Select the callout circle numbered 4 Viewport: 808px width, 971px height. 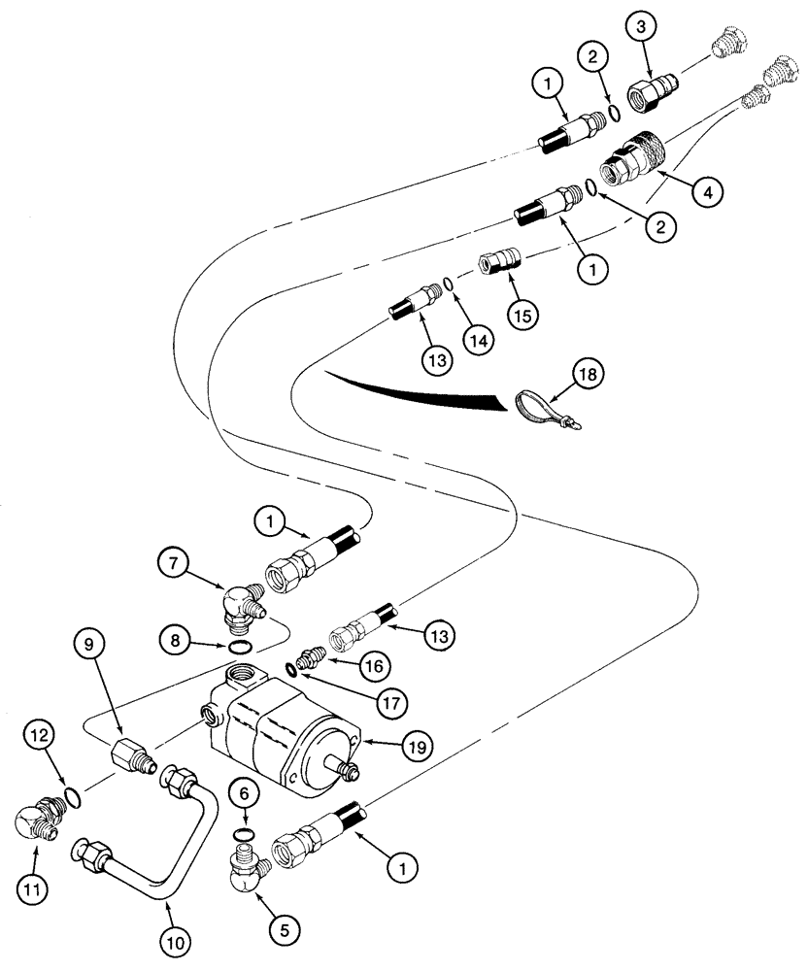pos(708,193)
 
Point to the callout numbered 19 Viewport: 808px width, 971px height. pos(415,746)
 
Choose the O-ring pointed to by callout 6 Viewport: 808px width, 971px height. pos(246,834)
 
